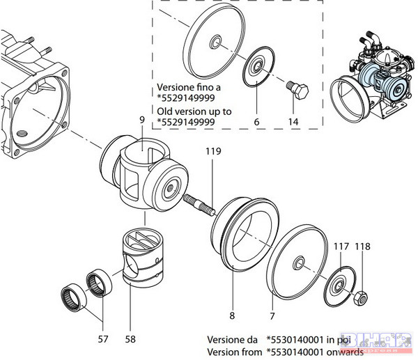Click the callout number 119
215,150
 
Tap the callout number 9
141,120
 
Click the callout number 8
233,304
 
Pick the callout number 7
272,304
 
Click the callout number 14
292,121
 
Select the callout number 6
256,121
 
